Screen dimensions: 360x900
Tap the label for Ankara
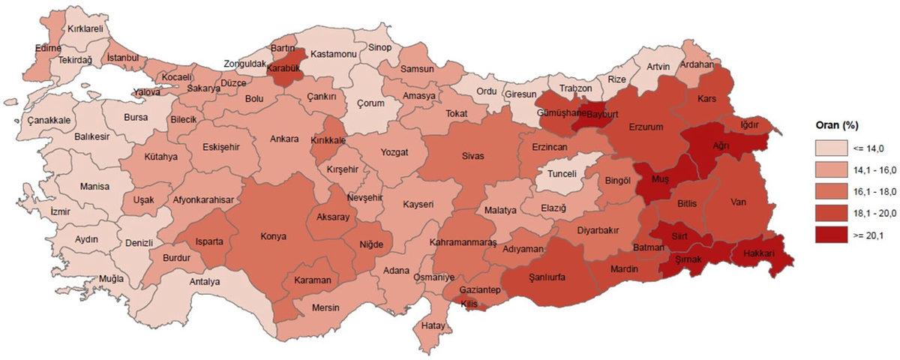click(284, 139)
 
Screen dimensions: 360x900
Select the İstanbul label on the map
click(123, 58)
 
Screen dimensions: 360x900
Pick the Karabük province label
click(283, 67)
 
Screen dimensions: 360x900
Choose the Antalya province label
click(204, 282)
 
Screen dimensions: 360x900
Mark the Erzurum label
click(646, 127)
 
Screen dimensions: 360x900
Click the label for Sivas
click(473, 156)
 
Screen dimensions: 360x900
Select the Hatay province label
click(433, 325)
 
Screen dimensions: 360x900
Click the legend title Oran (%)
click(836, 125)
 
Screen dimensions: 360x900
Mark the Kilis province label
click(469, 303)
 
